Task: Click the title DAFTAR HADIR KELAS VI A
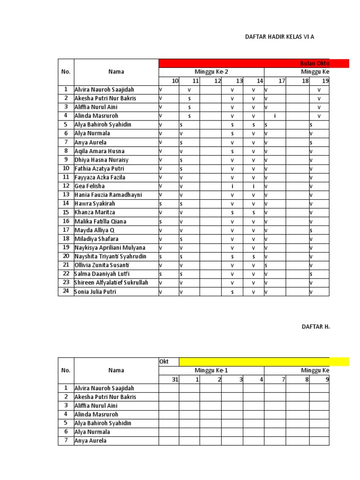click(280, 36)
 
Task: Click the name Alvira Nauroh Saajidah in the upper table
click(104, 89)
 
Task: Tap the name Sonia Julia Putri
click(95, 292)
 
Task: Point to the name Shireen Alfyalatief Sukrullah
click(111, 283)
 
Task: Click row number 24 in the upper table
click(66, 292)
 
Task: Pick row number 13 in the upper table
click(66, 195)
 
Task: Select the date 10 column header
click(175, 81)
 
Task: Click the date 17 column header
click(281, 81)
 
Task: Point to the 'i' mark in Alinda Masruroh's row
click(275, 116)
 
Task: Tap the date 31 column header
click(175, 379)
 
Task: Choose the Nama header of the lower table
click(116, 370)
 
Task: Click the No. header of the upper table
click(66, 72)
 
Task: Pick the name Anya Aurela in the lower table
click(90, 441)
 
